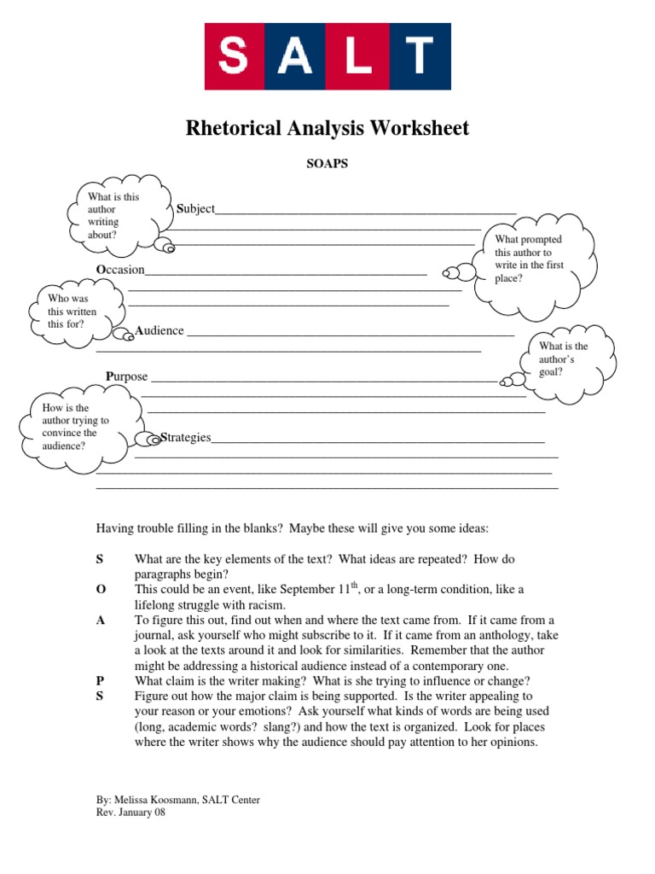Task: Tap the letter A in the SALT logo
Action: (295, 56)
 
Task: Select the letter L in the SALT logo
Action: (358, 56)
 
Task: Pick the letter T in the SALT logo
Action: (420, 56)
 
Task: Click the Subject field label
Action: (195, 209)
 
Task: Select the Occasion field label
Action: (120, 271)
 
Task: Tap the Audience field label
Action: (159, 331)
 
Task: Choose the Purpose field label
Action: (127, 376)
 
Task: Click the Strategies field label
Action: (185, 438)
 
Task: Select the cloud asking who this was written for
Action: (72, 312)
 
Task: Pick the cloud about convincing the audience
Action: (75, 427)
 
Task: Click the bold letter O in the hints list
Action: (100, 590)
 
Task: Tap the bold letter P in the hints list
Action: (100, 680)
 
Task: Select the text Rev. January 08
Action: (130, 813)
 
